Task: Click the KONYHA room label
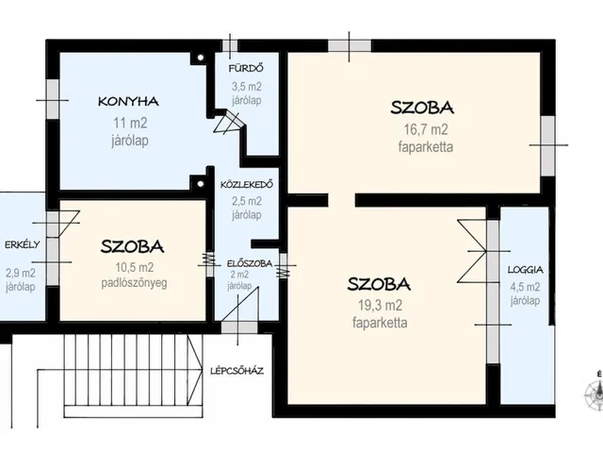coord(128,102)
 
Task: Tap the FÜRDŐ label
coord(246,69)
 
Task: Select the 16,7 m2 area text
coord(426,129)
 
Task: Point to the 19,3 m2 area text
coord(380,306)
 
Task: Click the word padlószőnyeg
coord(134,283)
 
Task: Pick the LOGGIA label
coord(526,270)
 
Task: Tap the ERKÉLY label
coord(22,244)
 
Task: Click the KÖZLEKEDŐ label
coord(247,185)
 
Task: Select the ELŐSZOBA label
coord(250,264)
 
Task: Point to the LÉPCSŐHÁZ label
coord(236,371)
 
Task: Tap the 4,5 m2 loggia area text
coord(526,287)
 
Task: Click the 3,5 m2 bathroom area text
coord(247,87)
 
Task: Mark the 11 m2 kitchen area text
coord(130,124)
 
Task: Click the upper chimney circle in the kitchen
coord(201,59)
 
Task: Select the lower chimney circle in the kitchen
coord(201,184)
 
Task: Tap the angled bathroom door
coord(230,122)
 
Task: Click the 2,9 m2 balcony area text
coord(21,273)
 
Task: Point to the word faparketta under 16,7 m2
coord(426,147)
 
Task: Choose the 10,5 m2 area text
coord(135,267)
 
